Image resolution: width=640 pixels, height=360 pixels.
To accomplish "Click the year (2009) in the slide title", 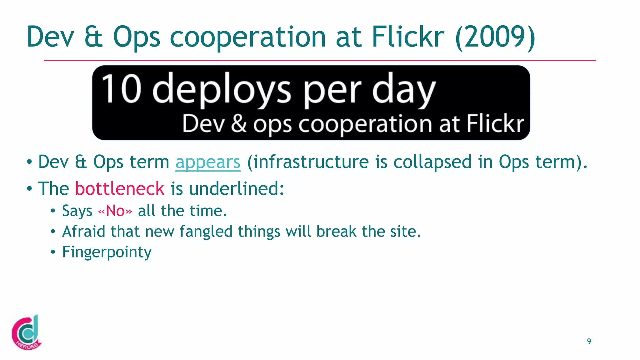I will pos(495,37).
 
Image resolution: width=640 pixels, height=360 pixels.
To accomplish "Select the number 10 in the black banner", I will pos(121,89).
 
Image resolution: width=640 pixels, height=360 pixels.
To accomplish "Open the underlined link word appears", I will pos(208,162).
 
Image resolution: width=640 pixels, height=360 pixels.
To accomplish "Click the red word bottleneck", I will pos(120,189).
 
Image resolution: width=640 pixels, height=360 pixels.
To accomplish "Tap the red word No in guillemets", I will pos(115,211).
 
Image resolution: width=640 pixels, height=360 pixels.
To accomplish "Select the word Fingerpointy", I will pos(107,252).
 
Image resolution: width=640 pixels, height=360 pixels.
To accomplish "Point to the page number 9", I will pos(589,341).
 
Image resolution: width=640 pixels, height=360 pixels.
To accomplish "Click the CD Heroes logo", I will pos(26,332).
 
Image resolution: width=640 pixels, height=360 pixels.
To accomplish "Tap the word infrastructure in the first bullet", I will pos(311,162).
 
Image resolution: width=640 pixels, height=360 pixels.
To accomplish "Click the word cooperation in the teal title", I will pos(248,37).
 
